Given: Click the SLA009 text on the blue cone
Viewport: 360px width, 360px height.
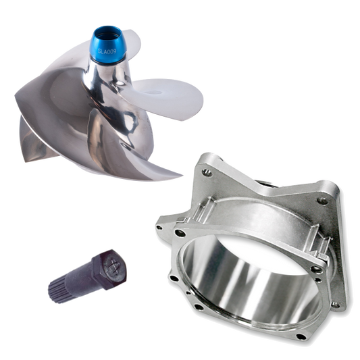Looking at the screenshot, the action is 107,51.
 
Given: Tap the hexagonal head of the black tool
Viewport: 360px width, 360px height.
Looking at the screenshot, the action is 109,269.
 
